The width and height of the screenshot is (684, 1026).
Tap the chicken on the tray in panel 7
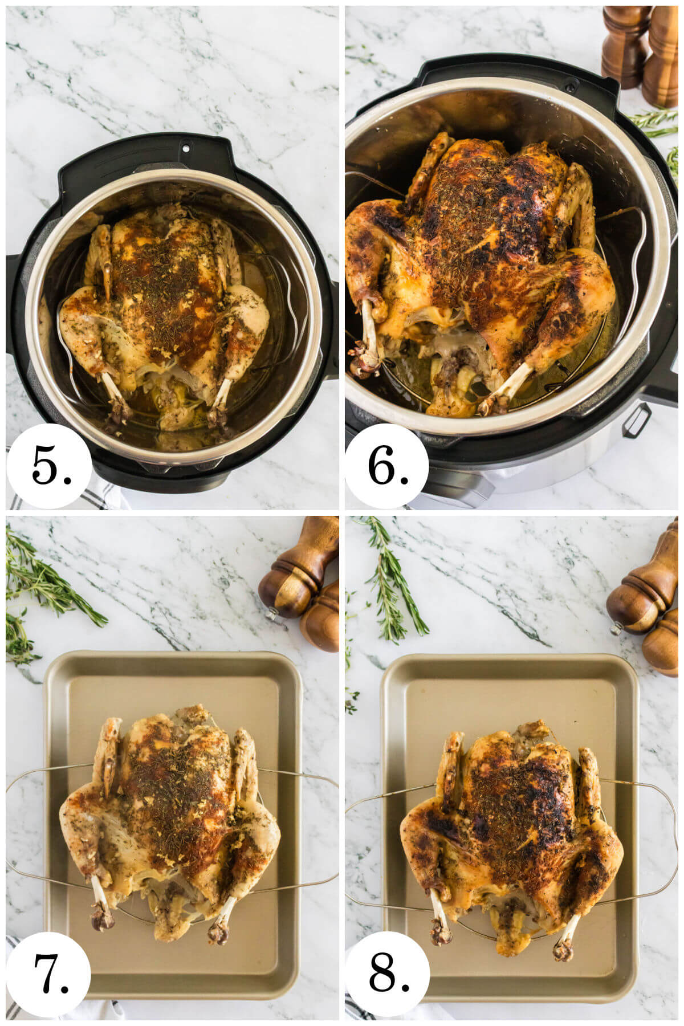click(171, 809)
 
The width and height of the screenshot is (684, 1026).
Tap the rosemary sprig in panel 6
click(655, 123)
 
